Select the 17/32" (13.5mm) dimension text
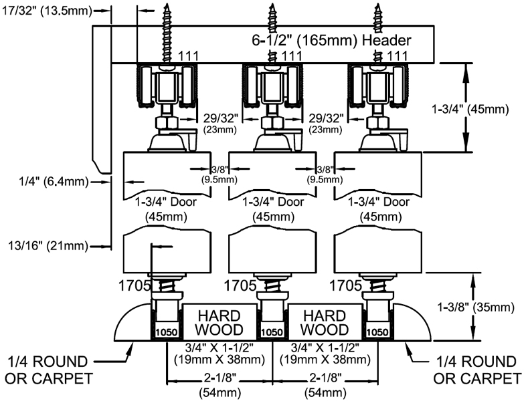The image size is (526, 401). click(x=46, y=10)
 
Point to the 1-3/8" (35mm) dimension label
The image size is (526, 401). click(x=474, y=308)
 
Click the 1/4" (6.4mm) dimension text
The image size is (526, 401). click(x=44, y=180)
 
